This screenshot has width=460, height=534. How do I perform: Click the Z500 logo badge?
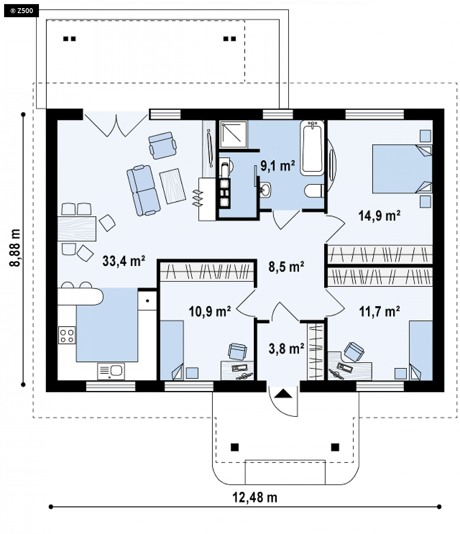point(21,11)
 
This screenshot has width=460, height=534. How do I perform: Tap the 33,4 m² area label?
point(124,261)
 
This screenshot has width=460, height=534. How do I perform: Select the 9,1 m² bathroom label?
point(278,166)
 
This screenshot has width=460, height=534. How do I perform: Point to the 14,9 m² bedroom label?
point(379,216)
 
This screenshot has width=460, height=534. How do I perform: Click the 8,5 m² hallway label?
point(286,266)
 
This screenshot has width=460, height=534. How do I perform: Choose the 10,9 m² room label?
point(210,311)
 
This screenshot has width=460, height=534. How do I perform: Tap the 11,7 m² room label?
point(379,311)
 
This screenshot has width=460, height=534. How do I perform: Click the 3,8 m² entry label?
point(286,348)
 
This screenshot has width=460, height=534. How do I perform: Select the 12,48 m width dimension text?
point(255,497)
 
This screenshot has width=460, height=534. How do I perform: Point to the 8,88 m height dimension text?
point(15,248)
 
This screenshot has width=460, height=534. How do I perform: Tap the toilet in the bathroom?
point(314,191)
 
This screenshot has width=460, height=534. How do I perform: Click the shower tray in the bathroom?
point(233,134)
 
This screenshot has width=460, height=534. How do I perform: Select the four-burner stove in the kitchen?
point(67,335)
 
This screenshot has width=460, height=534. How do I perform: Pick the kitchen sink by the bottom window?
point(111,371)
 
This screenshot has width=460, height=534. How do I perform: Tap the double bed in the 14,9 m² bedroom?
point(402,169)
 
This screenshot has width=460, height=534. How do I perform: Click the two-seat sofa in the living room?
point(143,191)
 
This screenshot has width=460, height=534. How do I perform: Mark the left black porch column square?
point(235,447)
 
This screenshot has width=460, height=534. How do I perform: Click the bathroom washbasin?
point(265,189)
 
